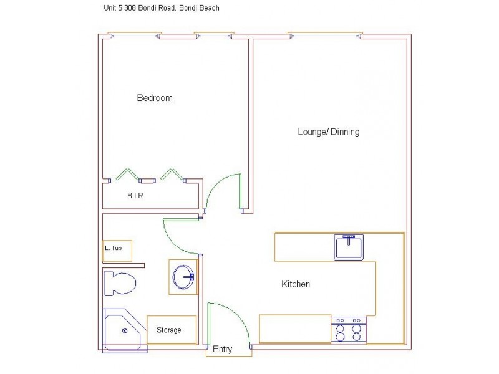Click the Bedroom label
155,98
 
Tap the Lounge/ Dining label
328,132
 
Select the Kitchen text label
296,284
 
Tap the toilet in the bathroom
120,284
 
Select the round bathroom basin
184,277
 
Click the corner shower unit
123,329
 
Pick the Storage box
172,329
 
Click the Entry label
222,350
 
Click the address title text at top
160,9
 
